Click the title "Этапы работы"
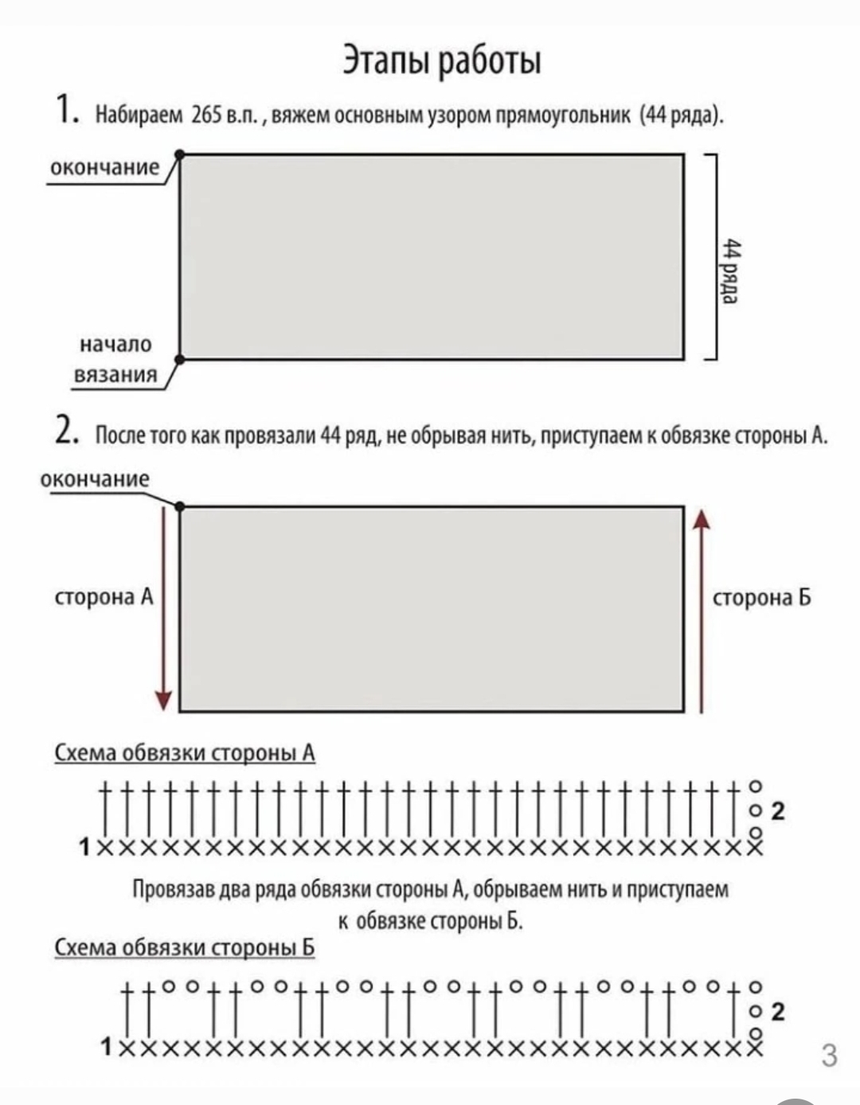point(442,60)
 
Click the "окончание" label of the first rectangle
point(104,167)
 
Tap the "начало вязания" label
point(115,359)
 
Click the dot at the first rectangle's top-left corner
point(180,154)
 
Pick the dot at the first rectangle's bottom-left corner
point(180,359)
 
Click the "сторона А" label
point(104,597)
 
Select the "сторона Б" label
point(762,598)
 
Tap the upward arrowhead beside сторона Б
point(701,519)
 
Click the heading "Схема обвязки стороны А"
point(185,752)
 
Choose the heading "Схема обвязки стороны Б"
point(185,947)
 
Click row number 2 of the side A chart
point(778,811)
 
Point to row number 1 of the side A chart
point(84,845)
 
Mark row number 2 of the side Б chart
point(778,1012)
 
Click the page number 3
point(829,1055)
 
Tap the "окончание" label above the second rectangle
point(94,478)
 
